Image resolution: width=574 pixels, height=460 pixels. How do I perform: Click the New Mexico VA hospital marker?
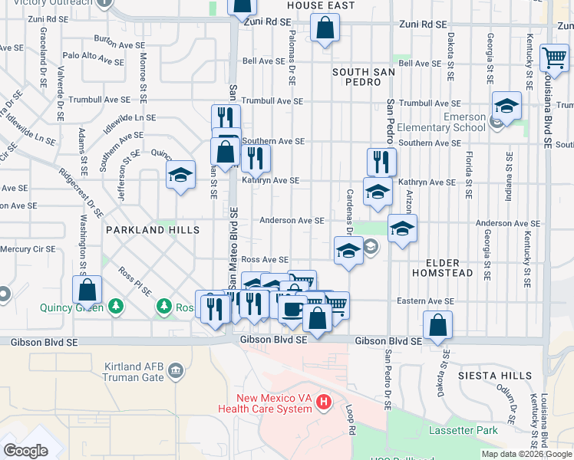(x=324, y=401)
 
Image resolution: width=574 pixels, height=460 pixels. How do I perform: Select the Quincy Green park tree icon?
(x=116, y=307)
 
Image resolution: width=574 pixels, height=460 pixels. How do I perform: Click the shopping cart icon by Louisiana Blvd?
(x=553, y=58)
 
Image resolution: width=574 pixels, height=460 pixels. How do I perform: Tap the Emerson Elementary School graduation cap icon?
(x=506, y=106)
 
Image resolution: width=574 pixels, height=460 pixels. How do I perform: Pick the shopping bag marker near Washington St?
(x=87, y=291)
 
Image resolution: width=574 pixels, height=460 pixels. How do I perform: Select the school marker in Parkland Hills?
(x=180, y=175)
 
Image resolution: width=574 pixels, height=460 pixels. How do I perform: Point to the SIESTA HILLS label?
(x=495, y=376)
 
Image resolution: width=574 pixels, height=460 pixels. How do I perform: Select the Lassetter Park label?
(x=464, y=431)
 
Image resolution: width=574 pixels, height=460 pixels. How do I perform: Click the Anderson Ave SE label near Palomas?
(x=292, y=221)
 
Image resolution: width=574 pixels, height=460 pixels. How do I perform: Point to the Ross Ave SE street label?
(x=264, y=261)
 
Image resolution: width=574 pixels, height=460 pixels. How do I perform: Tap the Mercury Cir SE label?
(x=28, y=249)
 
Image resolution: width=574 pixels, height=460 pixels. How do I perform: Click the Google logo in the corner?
(x=25, y=451)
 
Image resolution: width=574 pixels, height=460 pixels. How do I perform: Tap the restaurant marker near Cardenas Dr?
(x=381, y=162)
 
